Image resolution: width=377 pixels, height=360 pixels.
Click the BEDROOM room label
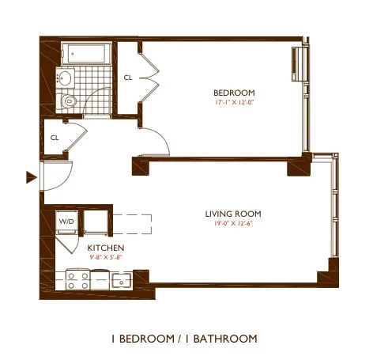(x=233, y=93)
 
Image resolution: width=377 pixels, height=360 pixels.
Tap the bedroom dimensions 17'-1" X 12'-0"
(x=233, y=103)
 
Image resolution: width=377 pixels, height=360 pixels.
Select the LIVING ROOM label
(x=233, y=214)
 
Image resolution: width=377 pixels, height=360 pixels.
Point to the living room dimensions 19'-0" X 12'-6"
(x=233, y=224)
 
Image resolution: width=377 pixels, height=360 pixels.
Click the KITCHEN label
(x=105, y=248)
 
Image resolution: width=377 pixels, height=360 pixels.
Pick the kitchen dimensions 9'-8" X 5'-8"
(x=105, y=257)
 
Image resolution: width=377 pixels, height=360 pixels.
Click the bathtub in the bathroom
(x=89, y=54)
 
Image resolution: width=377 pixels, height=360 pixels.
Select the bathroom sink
(x=64, y=78)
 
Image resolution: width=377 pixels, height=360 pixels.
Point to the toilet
(x=69, y=100)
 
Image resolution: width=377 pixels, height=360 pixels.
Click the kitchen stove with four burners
(x=77, y=280)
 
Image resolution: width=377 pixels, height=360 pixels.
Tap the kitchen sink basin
(x=121, y=279)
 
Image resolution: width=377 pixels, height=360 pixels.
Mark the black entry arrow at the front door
(x=31, y=177)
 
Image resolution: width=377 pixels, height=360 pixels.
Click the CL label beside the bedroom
(x=128, y=78)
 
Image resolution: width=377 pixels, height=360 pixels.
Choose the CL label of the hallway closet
(x=55, y=137)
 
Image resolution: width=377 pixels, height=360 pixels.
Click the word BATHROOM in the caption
(x=224, y=339)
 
